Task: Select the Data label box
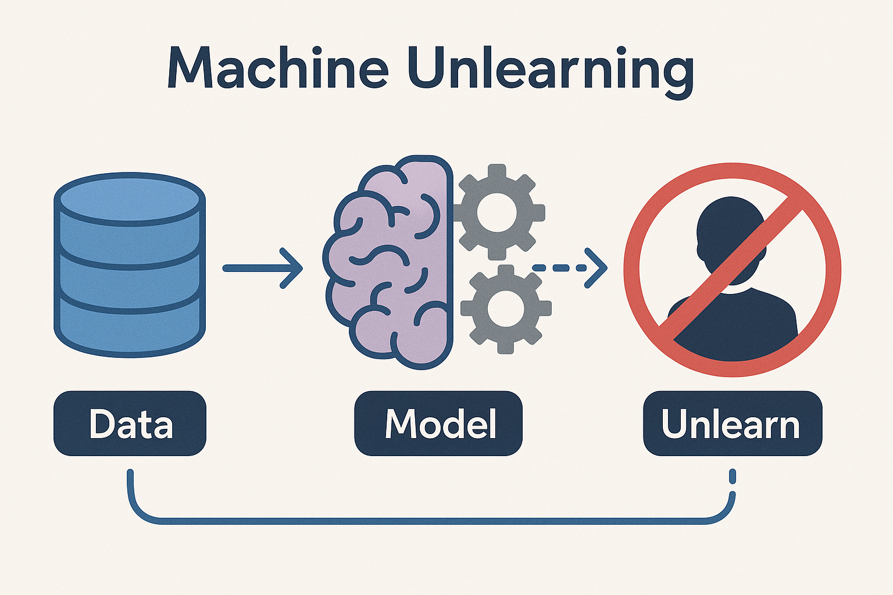pyautogui.click(x=130, y=424)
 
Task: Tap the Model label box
pyautogui.click(x=438, y=424)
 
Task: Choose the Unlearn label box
pyautogui.click(x=732, y=424)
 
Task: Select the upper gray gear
pyautogui.click(x=497, y=212)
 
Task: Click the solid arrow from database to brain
pyautogui.click(x=262, y=268)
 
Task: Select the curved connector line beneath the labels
pyautogui.click(x=430, y=520)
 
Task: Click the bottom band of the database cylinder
pyautogui.click(x=129, y=328)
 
